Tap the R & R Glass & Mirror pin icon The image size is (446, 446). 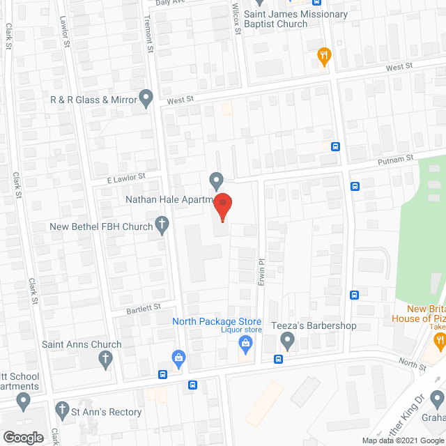(x=146, y=98)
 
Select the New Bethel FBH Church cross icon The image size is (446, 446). (x=162, y=226)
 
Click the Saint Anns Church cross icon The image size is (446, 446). (x=105, y=359)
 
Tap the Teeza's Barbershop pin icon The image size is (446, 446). (x=287, y=340)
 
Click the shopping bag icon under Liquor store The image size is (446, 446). (x=245, y=342)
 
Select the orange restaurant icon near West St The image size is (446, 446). (x=323, y=55)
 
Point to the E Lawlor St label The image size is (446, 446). (x=125, y=179)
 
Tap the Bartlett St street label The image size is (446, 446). (x=144, y=307)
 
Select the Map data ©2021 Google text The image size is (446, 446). (x=402, y=440)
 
